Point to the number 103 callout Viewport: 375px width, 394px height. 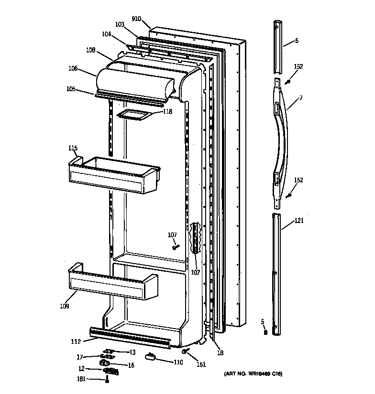(x=120, y=24)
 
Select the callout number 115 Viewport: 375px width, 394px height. (x=72, y=148)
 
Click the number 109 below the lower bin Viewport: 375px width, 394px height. (x=64, y=306)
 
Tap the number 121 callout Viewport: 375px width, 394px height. (x=298, y=221)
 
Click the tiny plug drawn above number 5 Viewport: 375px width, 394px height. (x=265, y=332)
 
